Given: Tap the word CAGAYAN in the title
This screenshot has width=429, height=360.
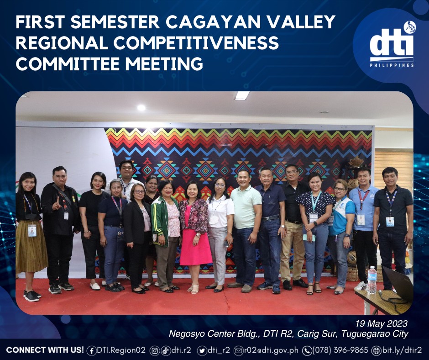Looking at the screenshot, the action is point(213,22).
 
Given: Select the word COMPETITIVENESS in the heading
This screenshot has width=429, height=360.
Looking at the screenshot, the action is point(196,43).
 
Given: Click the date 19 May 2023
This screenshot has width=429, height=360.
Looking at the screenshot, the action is point(381,323).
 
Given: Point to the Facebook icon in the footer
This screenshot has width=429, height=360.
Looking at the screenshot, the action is point(91,351).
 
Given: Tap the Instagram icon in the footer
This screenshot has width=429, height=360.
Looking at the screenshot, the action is point(155,351).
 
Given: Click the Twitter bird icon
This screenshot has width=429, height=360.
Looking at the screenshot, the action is point(202,351).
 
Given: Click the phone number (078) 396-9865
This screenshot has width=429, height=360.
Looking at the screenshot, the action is point(340,350).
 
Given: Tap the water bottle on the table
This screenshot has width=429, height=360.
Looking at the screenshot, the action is point(372,280).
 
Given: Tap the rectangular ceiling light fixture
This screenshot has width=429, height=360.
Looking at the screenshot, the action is point(242,95).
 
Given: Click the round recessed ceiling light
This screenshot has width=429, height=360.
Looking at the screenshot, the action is point(141,108).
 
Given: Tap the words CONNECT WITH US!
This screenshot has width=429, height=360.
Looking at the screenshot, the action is point(45,350).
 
